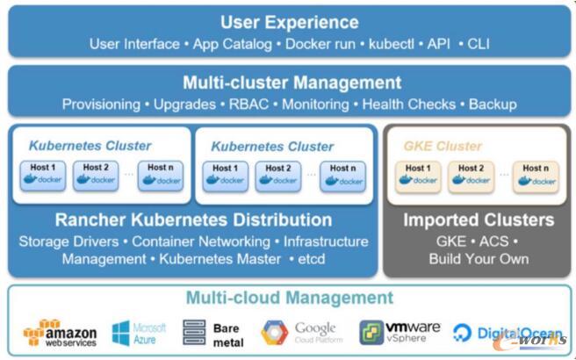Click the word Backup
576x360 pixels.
pyautogui.click(x=493, y=104)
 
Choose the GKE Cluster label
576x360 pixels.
pyautogui.click(x=443, y=147)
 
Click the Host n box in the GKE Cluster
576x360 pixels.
pyautogui.click(x=535, y=175)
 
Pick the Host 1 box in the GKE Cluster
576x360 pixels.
pyautogui.click(x=418, y=175)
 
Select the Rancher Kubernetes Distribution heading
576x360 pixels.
pyautogui.click(x=193, y=220)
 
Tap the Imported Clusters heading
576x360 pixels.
pyautogui.click(x=479, y=220)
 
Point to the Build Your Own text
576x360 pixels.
pyautogui.click(x=479, y=259)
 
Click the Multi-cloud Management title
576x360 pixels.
pyautogui.click(x=289, y=298)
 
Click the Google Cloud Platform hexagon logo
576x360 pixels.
pyautogui.click(x=274, y=333)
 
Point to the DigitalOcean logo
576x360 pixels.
pyautogui.click(x=507, y=333)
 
